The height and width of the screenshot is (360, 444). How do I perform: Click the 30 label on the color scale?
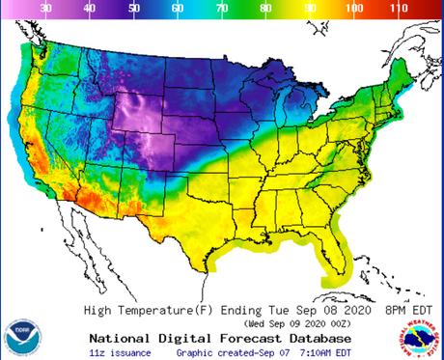point(45,8)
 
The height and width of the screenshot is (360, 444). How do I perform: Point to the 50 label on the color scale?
point(133,8)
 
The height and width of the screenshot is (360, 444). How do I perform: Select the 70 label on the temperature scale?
point(222,8)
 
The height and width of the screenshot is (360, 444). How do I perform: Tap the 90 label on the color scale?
point(310,8)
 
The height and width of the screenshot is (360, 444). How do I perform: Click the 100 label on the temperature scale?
point(354,8)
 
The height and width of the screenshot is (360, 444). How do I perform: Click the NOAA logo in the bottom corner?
point(21,335)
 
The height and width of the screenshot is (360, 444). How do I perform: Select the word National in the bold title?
point(122,339)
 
